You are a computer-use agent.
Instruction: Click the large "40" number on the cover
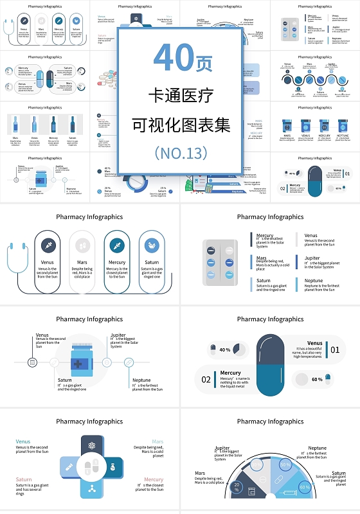click(x=173, y=59)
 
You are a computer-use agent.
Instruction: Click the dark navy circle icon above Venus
click(x=48, y=245)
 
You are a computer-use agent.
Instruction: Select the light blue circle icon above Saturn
click(x=152, y=245)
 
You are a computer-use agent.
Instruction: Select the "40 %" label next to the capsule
click(x=225, y=350)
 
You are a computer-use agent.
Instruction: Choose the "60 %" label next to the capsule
click(x=317, y=379)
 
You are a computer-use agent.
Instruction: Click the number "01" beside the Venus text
click(x=334, y=350)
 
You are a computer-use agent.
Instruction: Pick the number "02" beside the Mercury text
click(x=206, y=379)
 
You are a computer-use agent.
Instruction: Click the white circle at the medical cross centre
click(x=91, y=466)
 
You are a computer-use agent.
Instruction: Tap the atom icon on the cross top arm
click(x=91, y=445)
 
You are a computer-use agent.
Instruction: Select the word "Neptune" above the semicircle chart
click(x=317, y=448)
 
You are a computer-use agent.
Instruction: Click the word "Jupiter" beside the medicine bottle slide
click(x=118, y=335)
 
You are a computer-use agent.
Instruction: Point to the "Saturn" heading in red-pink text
click(x=24, y=479)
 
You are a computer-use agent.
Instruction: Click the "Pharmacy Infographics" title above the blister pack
click(x=269, y=217)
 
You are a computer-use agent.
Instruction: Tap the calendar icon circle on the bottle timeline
click(x=32, y=363)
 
